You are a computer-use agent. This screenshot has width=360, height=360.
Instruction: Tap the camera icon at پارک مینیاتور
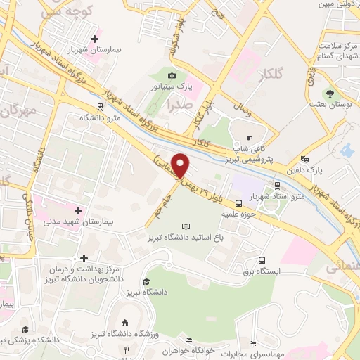tap(172, 76)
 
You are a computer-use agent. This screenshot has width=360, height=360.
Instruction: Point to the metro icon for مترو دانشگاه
tap(101, 106)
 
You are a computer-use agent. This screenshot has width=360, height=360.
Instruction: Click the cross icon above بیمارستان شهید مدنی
tap(77, 210)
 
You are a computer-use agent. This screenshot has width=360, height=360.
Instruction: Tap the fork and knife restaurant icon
tap(127, 349)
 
